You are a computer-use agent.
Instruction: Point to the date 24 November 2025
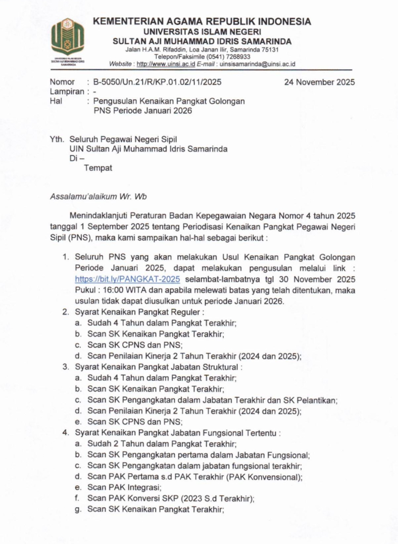point(319,82)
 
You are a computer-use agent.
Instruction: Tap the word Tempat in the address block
point(97,168)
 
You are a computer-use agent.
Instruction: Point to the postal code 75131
point(268,50)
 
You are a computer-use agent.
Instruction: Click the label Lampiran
point(67,92)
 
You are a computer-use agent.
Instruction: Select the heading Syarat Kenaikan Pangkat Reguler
point(138,312)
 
